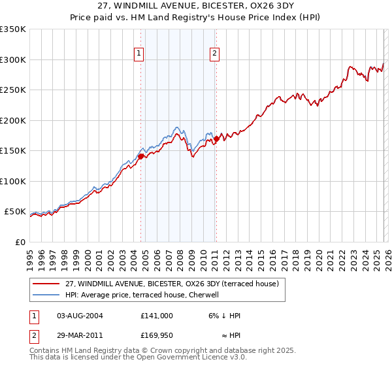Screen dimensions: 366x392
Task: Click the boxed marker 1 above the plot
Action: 140,54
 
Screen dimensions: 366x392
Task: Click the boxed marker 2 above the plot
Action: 215,54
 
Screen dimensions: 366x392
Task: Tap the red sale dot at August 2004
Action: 140,156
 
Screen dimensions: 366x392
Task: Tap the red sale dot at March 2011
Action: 216,139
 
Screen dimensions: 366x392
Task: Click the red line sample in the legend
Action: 47,284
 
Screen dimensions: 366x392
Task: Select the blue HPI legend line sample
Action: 47,295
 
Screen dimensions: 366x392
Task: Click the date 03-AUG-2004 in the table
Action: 80,316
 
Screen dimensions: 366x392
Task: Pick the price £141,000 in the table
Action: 157,316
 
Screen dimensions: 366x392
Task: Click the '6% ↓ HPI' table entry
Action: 224,316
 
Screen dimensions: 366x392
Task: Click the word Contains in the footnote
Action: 45,351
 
